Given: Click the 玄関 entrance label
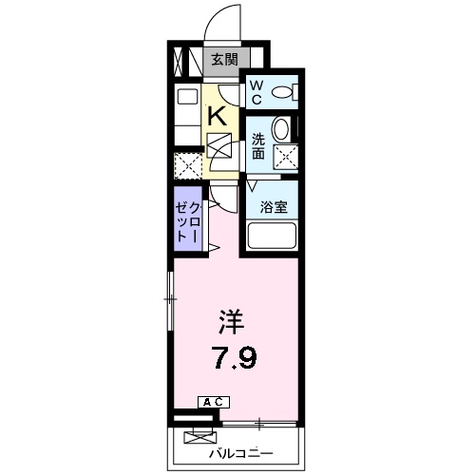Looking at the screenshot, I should coord(224,60).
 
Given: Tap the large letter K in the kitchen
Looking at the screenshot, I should coord(217,116).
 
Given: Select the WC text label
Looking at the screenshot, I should coord(256,91).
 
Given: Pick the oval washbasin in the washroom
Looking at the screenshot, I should coord(282,129).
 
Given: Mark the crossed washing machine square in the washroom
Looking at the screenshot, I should coord(284,157).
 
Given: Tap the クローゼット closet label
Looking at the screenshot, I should coord(187,224).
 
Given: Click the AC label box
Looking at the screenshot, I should coord(212,403).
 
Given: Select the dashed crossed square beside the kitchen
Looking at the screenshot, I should coord(188,165).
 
